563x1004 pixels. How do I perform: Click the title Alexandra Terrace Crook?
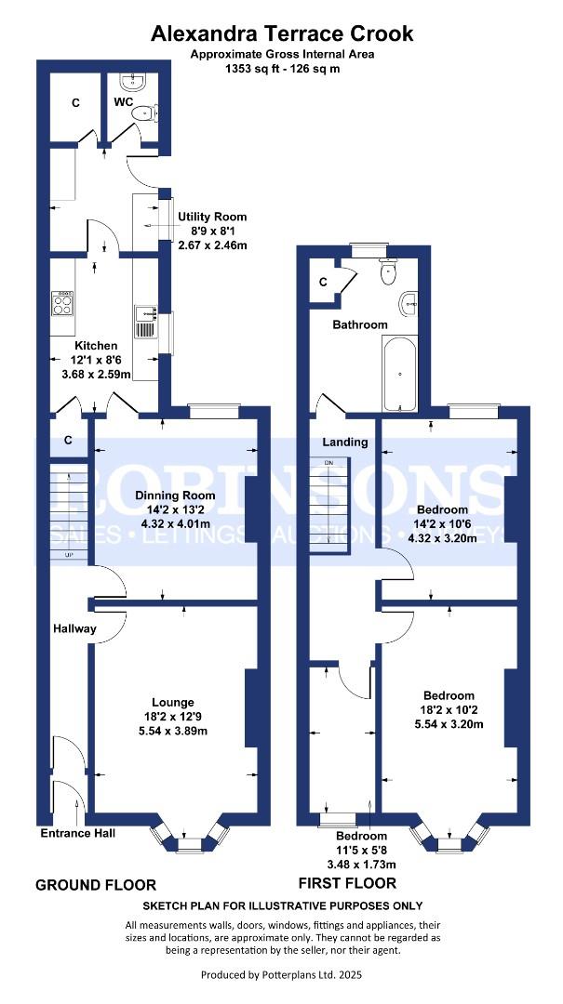tap(282, 34)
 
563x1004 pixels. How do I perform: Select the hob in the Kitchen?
tap(62, 304)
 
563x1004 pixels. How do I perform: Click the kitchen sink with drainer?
tap(145, 322)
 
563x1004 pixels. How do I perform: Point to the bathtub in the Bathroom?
tap(401, 374)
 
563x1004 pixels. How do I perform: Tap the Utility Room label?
tap(212, 217)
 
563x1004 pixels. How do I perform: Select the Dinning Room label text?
tap(175, 495)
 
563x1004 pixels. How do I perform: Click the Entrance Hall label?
tap(78, 833)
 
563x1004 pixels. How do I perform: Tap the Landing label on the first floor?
tap(345, 442)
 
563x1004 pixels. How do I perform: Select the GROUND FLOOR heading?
tap(96, 884)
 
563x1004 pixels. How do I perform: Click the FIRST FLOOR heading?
tap(347, 883)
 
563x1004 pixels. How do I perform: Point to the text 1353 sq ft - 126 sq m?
tap(282, 68)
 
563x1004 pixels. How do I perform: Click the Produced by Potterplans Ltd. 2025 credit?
tap(282, 974)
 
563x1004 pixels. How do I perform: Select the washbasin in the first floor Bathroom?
tap(408, 304)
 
